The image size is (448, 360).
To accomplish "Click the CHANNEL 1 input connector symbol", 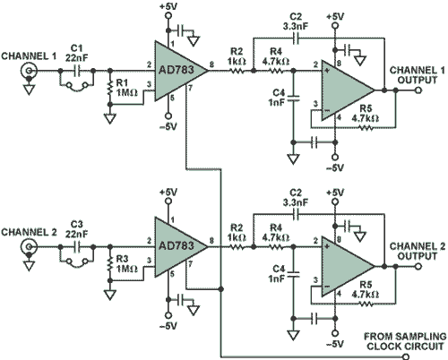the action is pyautogui.click(x=29, y=71).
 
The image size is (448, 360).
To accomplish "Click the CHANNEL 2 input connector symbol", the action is pyautogui.click(x=29, y=247).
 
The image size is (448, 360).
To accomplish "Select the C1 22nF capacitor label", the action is pyautogui.click(x=77, y=53).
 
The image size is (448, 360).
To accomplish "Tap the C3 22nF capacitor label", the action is pyautogui.click(x=77, y=229).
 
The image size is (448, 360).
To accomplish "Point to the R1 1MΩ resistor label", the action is pyautogui.click(x=126, y=88).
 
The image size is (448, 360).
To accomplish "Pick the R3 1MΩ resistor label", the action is pyautogui.click(x=126, y=264).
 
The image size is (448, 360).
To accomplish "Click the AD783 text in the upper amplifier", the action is pyautogui.click(x=177, y=70).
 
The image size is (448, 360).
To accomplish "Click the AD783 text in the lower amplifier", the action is pyautogui.click(x=177, y=246).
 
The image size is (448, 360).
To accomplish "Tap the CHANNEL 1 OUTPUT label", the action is pyautogui.click(x=418, y=75).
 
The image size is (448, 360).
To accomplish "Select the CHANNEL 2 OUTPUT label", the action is pyautogui.click(x=418, y=252).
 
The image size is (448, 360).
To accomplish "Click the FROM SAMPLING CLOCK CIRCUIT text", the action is pyautogui.click(x=405, y=341).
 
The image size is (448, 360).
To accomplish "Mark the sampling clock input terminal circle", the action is pyautogui.click(x=406, y=356).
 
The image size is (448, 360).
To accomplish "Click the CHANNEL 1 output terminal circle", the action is pyautogui.click(x=418, y=90).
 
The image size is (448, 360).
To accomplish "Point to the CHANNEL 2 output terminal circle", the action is pyautogui.click(x=418, y=266).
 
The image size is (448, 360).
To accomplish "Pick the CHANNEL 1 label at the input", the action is pyautogui.click(x=29, y=56).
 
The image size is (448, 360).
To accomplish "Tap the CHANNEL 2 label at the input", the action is pyautogui.click(x=29, y=232).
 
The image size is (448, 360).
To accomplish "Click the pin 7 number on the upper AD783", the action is pyautogui.click(x=190, y=88).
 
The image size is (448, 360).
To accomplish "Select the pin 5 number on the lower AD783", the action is pyautogui.click(x=172, y=274).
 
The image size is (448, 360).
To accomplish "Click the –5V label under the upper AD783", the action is pyautogui.click(x=168, y=126).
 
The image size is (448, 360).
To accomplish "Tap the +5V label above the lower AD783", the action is pyautogui.click(x=168, y=192).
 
